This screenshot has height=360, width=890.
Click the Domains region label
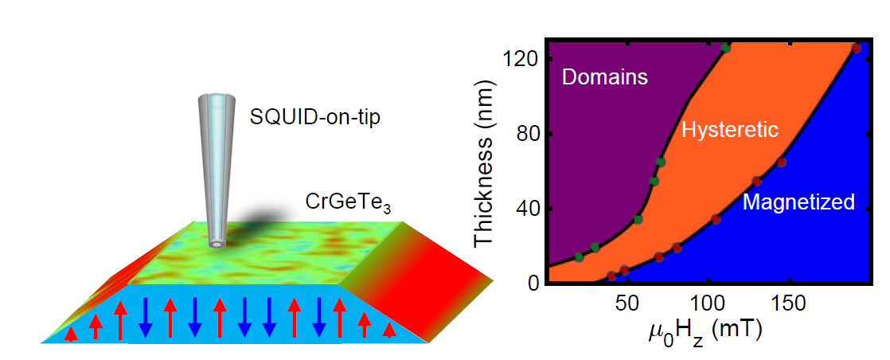(604, 77)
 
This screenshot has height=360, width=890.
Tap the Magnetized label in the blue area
(798, 202)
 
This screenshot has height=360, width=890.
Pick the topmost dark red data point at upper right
(857, 49)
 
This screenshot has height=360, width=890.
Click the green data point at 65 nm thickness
(660, 162)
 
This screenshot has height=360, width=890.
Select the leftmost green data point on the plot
(579, 256)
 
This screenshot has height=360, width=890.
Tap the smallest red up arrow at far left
(72, 335)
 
